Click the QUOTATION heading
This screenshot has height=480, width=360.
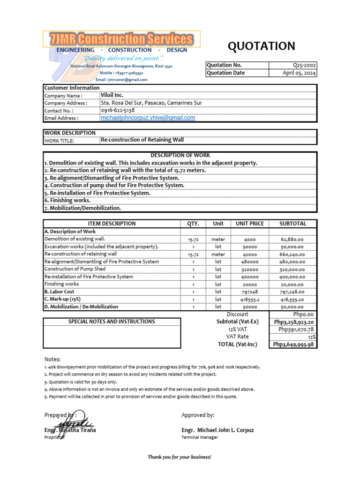pyautogui.click(x=261, y=46)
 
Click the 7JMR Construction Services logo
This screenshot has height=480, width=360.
pyautogui.click(x=122, y=39)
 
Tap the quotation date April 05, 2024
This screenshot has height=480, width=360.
pyautogui.click(x=300, y=73)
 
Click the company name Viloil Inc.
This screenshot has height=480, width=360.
pyautogui.click(x=112, y=95)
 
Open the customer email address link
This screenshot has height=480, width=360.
pyautogui.click(x=148, y=118)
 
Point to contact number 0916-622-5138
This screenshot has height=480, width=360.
pyautogui.click(x=118, y=110)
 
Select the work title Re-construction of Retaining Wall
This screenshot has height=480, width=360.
pyautogui.click(x=142, y=140)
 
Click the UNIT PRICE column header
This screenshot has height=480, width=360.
pyautogui.click(x=249, y=224)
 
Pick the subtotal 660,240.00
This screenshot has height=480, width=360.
pyautogui.click(x=293, y=254)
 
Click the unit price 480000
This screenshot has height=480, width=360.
pyautogui.click(x=249, y=262)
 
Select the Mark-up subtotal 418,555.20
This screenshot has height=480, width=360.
pyautogui.click(x=293, y=299)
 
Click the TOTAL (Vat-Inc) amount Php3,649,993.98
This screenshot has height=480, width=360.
pyautogui.click(x=293, y=345)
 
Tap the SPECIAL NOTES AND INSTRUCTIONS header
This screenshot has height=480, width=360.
pyautogui.click(x=112, y=322)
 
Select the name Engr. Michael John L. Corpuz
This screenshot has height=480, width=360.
pyautogui.click(x=217, y=430)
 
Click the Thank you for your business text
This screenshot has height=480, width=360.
pyautogui.click(x=180, y=457)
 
